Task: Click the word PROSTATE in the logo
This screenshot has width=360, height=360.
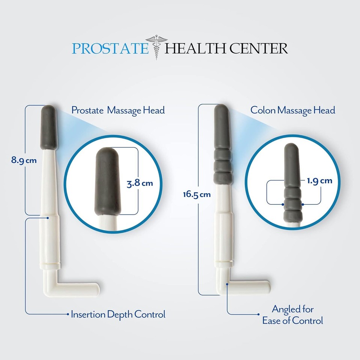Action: pos(110,48)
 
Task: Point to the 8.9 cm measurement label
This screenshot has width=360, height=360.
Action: pos(24,160)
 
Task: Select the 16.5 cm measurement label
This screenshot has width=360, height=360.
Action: pos(196,194)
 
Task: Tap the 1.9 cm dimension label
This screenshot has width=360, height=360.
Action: pos(319,181)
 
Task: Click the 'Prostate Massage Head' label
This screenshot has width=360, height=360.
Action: pos(118,110)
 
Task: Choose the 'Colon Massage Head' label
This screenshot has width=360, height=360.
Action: pos(292,110)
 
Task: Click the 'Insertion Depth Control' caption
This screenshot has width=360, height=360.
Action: pos(118,314)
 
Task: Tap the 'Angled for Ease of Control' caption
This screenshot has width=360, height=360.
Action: pos(292,315)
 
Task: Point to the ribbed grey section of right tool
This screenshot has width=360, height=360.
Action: pos(223,165)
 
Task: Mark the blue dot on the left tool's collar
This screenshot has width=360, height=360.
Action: pos(48,216)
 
